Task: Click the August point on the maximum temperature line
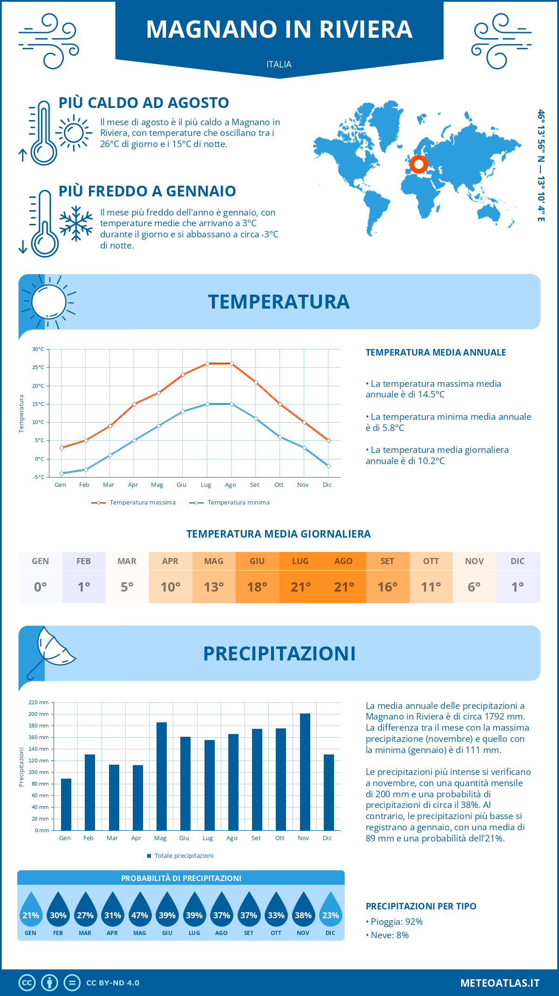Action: point(232,363)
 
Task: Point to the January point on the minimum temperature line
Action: point(61,473)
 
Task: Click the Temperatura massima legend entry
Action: point(134,503)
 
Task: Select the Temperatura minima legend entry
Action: point(230,503)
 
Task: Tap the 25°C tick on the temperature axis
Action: point(38,367)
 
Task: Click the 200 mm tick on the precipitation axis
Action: point(39,714)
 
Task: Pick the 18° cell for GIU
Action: point(257,587)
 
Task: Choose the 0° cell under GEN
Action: point(41,587)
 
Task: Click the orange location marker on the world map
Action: point(418,164)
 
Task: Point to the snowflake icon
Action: point(76,223)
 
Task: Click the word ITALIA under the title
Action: point(279,64)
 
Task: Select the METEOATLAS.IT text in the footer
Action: point(500,983)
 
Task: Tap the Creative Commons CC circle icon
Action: point(27,983)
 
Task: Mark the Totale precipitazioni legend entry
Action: point(181,855)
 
